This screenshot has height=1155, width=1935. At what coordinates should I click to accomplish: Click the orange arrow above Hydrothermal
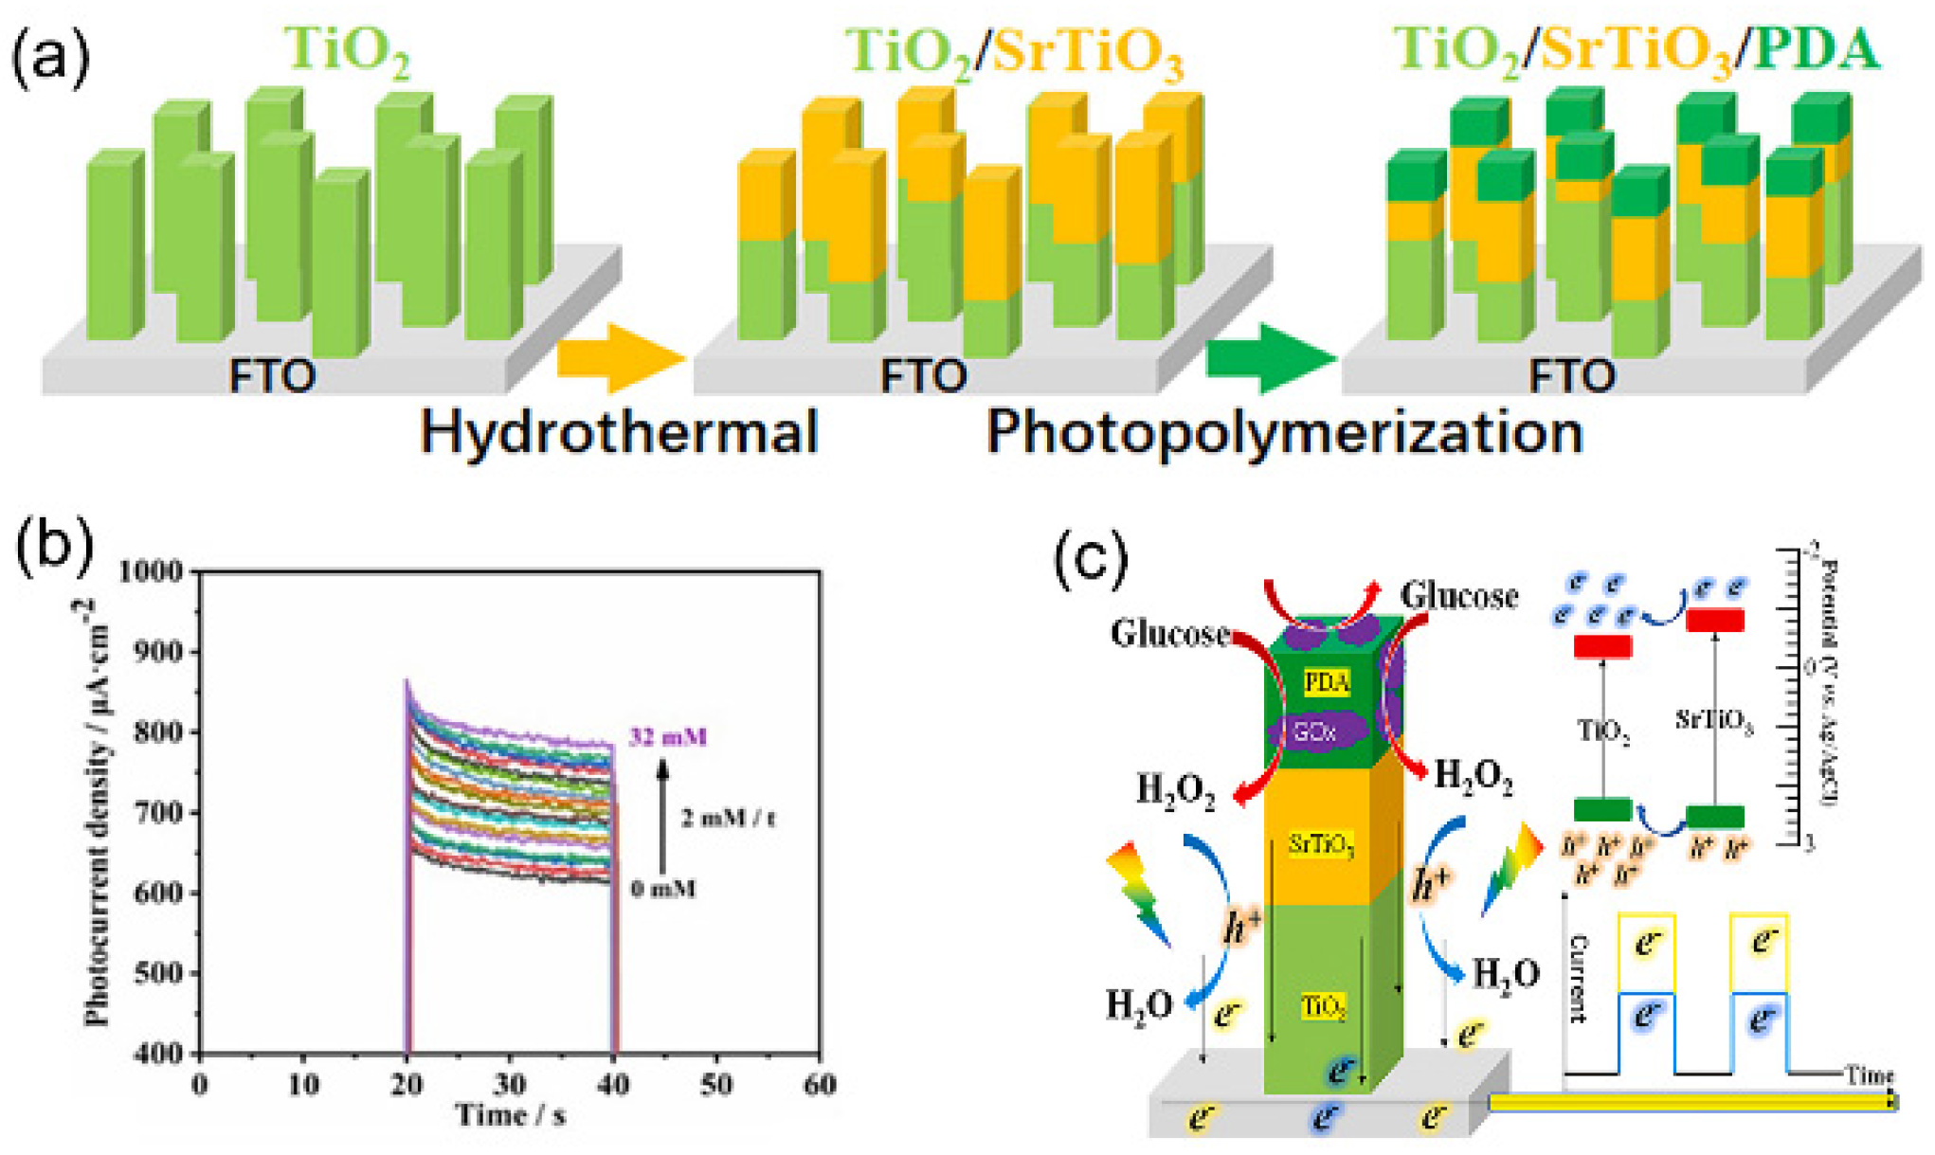click(620, 358)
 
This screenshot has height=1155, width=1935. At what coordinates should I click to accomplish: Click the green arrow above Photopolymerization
click(1270, 358)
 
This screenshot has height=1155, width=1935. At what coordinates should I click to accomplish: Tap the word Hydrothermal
click(619, 433)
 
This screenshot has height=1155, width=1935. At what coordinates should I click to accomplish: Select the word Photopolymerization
click(1285, 433)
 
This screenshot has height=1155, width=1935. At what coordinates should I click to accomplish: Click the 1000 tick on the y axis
click(151, 571)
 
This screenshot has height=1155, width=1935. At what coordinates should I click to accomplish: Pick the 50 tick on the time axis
click(716, 1084)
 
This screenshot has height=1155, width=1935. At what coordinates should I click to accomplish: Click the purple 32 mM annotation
click(668, 737)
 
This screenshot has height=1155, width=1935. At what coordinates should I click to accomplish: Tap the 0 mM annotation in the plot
click(663, 889)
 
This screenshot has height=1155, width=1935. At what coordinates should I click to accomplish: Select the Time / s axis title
click(511, 1115)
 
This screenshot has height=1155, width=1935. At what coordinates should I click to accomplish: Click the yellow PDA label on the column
click(1327, 682)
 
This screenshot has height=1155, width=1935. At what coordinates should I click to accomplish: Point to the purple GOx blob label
click(1315, 731)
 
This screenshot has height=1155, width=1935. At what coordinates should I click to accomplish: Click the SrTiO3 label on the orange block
click(1321, 844)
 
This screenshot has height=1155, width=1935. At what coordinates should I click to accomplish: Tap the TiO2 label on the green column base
click(1323, 1006)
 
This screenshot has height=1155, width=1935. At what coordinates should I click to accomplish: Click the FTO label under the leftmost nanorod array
click(272, 376)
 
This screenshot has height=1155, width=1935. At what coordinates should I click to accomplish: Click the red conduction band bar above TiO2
click(1602, 647)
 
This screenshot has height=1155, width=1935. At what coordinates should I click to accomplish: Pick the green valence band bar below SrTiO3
click(1715, 816)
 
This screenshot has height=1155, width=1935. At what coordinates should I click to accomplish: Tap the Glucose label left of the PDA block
click(1169, 633)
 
